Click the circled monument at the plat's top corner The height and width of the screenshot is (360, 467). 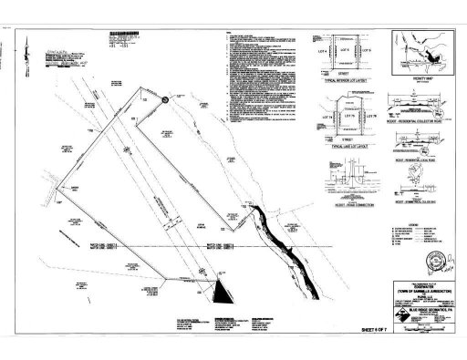(x=164, y=101)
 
